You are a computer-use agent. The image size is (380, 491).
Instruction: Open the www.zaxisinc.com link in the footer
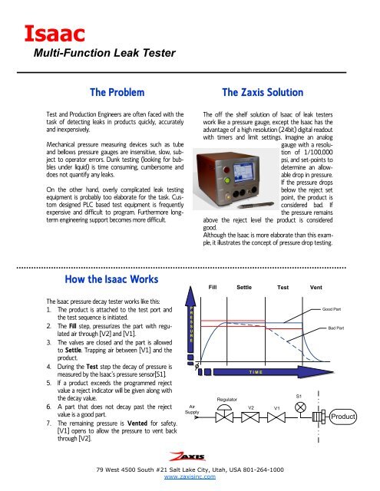[x=189, y=476]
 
